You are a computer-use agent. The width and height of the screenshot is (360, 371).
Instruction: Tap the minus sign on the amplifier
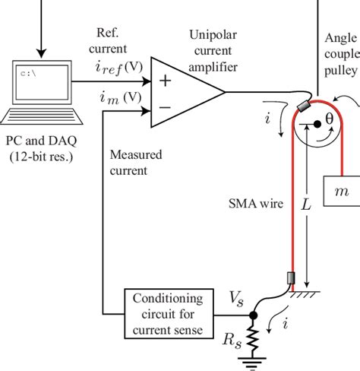[164, 106]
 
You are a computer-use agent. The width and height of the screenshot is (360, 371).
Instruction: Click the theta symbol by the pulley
[330, 120]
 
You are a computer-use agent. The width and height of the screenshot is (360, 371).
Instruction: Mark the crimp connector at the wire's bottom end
[289, 281]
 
